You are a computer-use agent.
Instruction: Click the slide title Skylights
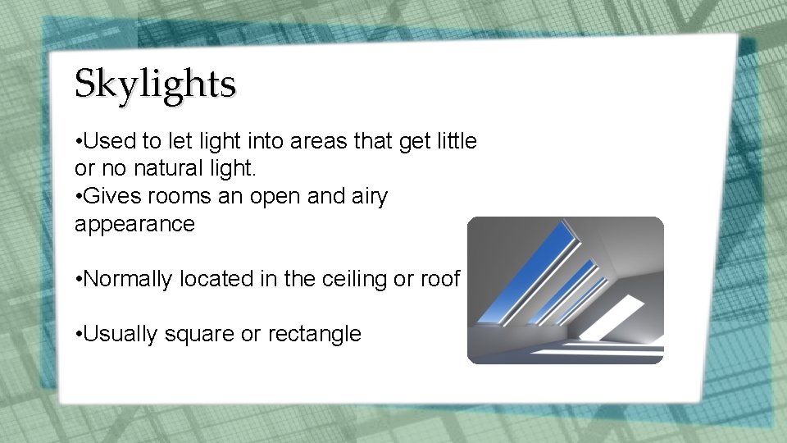click(155, 84)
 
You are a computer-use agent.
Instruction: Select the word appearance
click(134, 225)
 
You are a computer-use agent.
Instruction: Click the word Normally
click(127, 279)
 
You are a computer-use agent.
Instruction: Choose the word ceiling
click(350, 279)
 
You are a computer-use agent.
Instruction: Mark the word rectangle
click(315, 334)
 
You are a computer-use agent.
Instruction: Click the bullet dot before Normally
click(77, 280)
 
